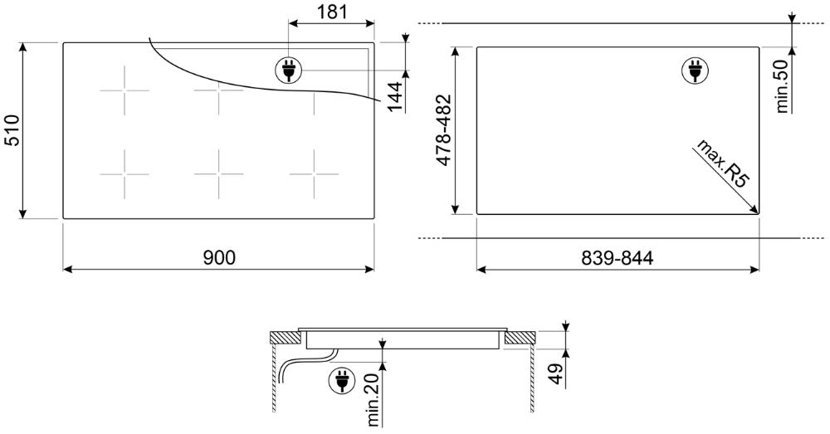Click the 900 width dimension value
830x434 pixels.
coord(218,258)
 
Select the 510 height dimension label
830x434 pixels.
coord(12,129)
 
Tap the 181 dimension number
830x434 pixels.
coord(332,12)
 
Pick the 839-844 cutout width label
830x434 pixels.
coord(618,258)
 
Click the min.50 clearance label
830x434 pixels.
coord(783,85)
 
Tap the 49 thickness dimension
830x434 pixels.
coord(554,374)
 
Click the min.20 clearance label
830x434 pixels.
coord(374,400)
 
